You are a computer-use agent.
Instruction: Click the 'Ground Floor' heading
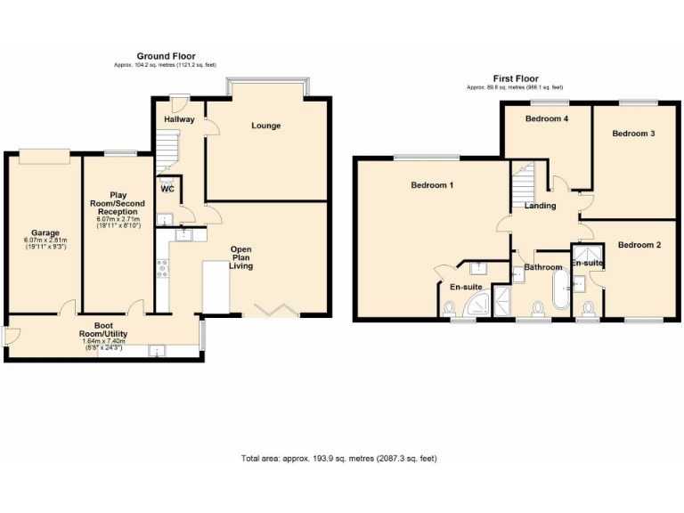(166, 56)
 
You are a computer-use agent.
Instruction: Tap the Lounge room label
(265, 126)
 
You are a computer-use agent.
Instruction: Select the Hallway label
(179, 119)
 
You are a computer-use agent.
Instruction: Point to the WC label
(167, 189)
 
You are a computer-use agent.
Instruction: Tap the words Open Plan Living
(241, 256)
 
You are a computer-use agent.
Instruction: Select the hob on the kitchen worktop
(163, 267)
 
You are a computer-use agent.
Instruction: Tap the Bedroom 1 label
(433, 185)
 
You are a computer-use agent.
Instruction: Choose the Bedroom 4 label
(547, 118)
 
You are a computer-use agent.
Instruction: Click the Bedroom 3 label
(633, 134)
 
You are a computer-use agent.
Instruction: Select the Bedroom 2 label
(639, 245)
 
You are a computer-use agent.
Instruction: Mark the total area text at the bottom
(339, 459)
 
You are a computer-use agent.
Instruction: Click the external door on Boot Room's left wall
(10, 337)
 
